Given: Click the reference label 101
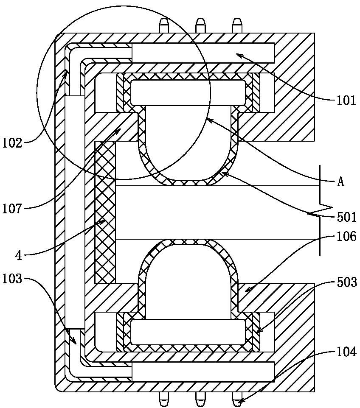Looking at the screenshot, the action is (x=346, y=101).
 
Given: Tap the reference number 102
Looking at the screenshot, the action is (x=12, y=143).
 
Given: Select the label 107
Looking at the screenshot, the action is (x=12, y=209).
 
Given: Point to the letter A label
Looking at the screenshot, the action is (x=341, y=182).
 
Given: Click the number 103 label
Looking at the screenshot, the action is (x=12, y=279).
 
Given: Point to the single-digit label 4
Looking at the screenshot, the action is (x=19, y=256).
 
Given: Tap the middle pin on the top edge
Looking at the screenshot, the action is (x=200, y=25).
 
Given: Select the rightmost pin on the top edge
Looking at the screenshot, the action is (x=237, y=25).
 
